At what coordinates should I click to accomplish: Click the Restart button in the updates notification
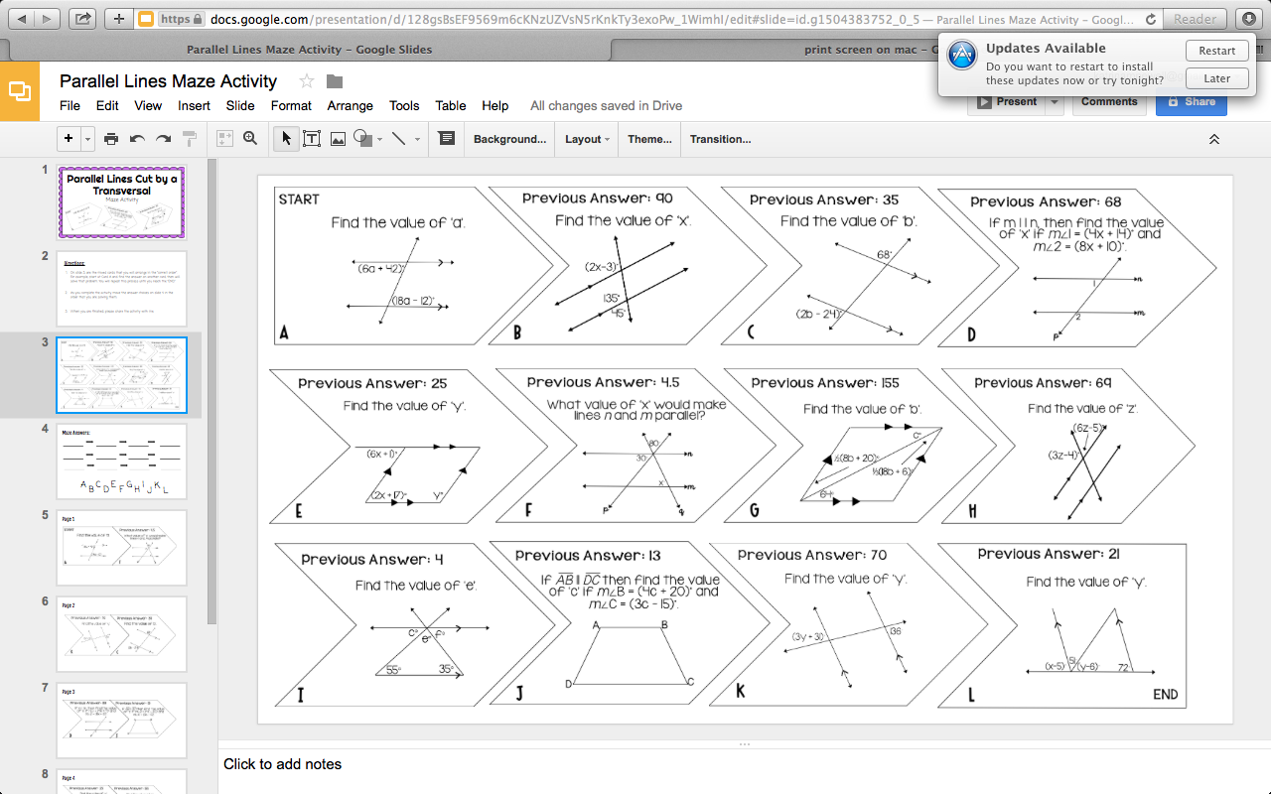coord(1216,51)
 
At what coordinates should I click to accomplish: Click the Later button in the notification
coord(1216,78)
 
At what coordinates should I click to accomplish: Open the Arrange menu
coord(351,105)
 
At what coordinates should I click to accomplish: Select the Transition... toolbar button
coord(720,139)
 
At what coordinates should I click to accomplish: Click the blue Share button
coord(1191,101)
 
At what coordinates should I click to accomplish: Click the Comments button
coord(1109,101)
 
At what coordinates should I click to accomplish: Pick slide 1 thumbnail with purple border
coord(121,201)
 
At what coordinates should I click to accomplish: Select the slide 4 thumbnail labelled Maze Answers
coord(121,461)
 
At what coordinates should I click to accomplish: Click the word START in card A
coord(299,199)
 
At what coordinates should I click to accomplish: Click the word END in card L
coord(1165,695)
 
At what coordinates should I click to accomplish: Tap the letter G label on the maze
coord(755,511)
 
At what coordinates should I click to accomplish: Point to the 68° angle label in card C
coord(885,255)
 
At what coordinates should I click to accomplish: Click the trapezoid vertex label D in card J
coord(569,684)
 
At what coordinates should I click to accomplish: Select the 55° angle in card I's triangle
coord(393,670)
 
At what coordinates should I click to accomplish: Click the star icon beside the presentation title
coord(307,81)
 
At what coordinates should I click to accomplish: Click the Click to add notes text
coord(282,764)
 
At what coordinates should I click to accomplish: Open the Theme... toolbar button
coord(649,139)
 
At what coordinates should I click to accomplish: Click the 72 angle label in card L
coord(1124,668)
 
